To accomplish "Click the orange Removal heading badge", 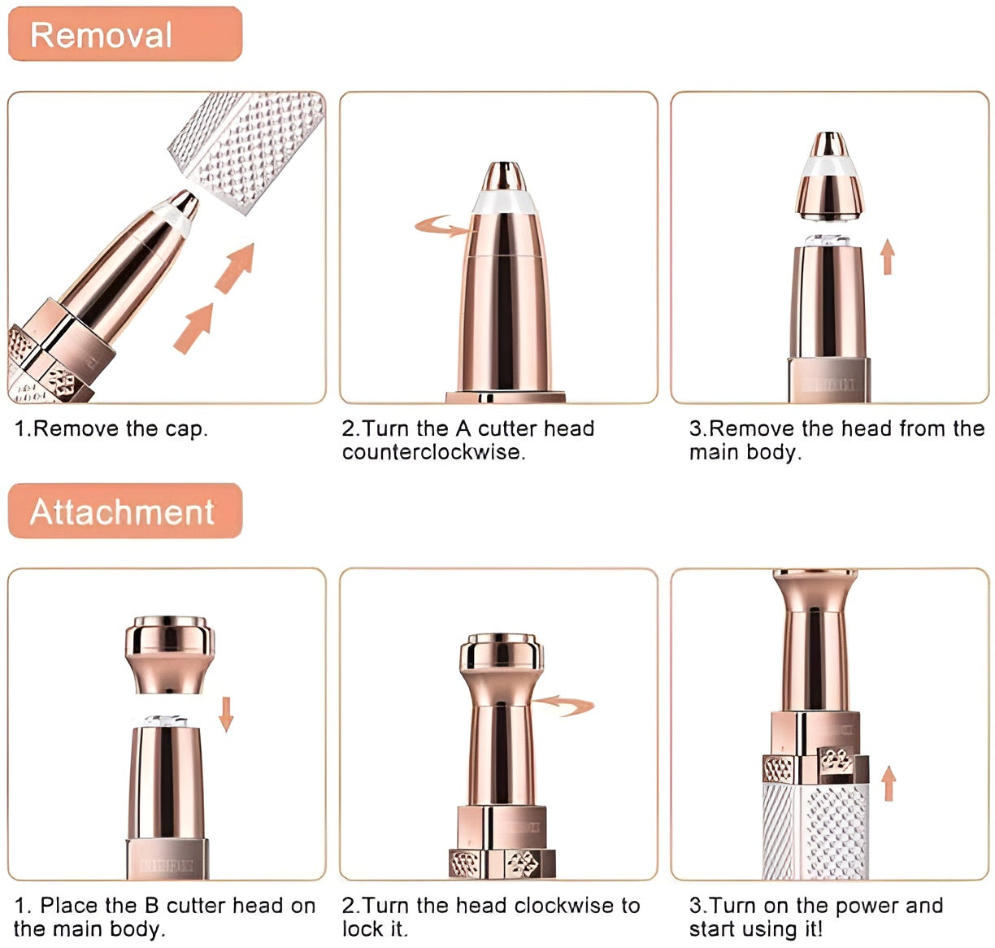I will [x=124, y=34].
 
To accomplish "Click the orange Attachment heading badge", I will [x=124, y=511].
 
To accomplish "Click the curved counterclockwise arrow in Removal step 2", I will [x=444, y=226].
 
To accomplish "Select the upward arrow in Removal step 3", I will [x=888, y=256].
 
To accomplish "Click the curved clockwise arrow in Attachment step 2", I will [x=565, y=705].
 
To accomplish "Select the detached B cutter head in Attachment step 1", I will [x=170, y=654].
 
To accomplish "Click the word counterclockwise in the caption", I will [x=433, y=452].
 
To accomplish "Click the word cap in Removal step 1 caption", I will [x=189, y=429].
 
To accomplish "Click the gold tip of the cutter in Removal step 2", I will [x=503, y=175].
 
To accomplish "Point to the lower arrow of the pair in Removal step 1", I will [x=192, y=328].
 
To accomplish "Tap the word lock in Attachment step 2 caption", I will [x=363, y=928].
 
